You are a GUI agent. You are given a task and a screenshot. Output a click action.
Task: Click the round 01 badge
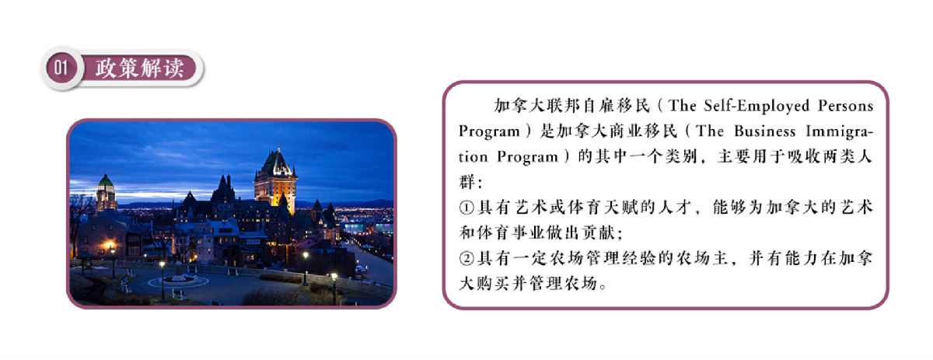(x=61, y=68)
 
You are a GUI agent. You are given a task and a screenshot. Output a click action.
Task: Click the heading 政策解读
(x=139, y=68)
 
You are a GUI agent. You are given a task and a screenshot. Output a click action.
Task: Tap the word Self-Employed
(x=757, y=107)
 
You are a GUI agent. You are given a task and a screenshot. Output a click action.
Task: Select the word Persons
(x=845, y=106)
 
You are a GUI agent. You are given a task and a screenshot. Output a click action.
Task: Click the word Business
(x=765, y=131)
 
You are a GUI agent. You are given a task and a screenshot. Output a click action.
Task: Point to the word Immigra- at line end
(x=839, y=132)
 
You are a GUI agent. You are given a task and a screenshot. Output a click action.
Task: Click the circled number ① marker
(x=467, y=208)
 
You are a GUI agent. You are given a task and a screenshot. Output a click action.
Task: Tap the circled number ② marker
(x=467, y=259)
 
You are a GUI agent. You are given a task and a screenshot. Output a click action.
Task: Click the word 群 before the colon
(x=467, y=182)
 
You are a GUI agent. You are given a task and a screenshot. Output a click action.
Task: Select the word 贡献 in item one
(x=598, y=232)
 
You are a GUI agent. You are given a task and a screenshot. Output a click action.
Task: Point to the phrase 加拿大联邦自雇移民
(x=572, y=106)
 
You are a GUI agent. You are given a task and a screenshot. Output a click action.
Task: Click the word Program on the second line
(x=489, y=132)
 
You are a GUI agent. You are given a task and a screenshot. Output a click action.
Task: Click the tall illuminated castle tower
(x=276, y=181)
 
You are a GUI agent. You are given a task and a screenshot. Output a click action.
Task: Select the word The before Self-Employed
(x=683, y=106)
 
